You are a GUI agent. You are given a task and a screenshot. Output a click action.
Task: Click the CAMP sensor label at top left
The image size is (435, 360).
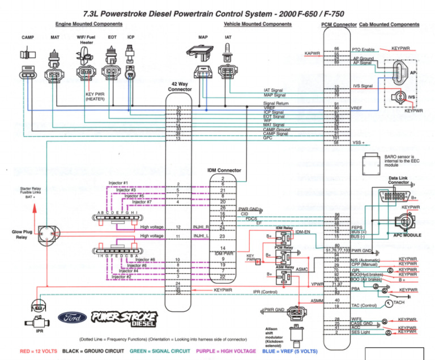[28, 37]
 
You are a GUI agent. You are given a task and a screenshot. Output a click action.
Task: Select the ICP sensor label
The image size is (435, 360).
[131, 37]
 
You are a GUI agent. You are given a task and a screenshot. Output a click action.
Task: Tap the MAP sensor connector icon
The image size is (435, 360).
[202, 73]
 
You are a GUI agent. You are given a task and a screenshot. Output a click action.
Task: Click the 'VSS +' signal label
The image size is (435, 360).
[359, 142]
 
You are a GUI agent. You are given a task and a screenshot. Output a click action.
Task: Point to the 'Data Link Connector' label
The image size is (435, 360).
[398, 180]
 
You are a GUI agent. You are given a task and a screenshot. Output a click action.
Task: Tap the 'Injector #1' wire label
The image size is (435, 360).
[118, 183]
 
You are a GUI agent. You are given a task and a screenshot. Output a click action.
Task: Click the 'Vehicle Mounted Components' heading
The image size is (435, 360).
[258, 24]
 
